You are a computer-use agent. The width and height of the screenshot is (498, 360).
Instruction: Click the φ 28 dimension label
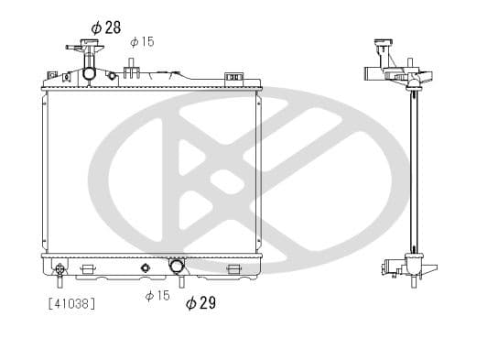coord(106,27)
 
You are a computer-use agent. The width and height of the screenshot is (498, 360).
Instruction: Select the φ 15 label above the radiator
coord(142,41)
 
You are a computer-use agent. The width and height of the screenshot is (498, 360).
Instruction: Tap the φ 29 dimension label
coord(200,302)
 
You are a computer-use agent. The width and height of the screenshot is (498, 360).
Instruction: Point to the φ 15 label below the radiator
coord(157,295)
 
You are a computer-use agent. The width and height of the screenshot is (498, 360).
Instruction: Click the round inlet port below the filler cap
coord(89,73)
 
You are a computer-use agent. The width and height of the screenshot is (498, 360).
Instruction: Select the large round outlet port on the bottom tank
coord(177,267)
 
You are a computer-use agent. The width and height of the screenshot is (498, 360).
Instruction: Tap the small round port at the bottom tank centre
coord(144,268)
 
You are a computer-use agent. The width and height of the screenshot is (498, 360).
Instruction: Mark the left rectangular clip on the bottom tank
coord(89,268)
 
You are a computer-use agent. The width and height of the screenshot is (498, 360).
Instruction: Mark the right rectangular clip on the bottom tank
coord(233,268)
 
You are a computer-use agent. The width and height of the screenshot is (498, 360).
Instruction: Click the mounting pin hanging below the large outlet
coord(180,283)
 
